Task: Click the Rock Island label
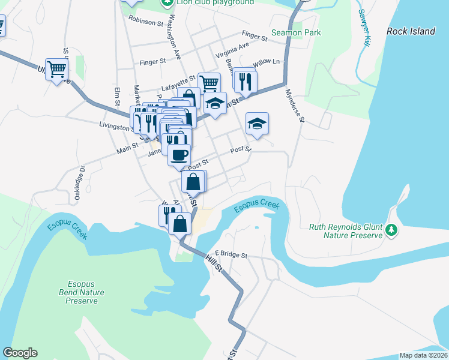[411, 31]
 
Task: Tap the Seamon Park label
[296, 33]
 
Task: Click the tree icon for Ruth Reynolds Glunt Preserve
[391, 230]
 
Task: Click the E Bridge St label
[231, 255]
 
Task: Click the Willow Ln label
[266, 62]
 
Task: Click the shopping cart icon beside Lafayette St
[209, 82]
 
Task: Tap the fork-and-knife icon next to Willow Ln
[245, 80]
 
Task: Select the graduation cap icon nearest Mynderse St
[257, 123]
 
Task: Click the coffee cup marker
[179, 155]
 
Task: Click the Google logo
[20, 353]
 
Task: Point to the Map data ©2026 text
[423, 355]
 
